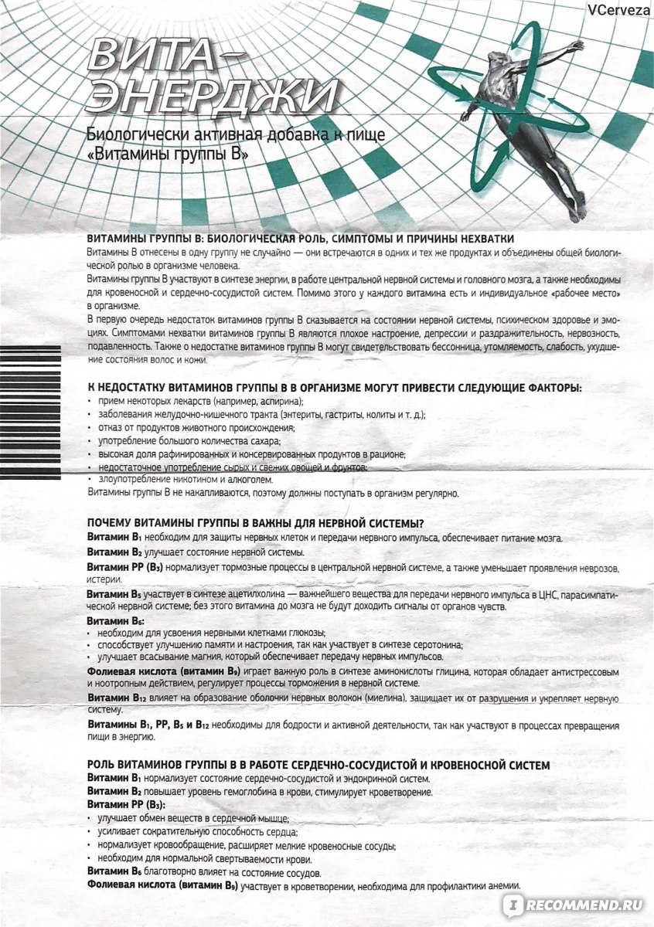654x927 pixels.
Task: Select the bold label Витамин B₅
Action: click(x=113, y=593)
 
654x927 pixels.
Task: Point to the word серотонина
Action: click(x=437, y=644)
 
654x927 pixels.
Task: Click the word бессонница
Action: click(x=451, y=348)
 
